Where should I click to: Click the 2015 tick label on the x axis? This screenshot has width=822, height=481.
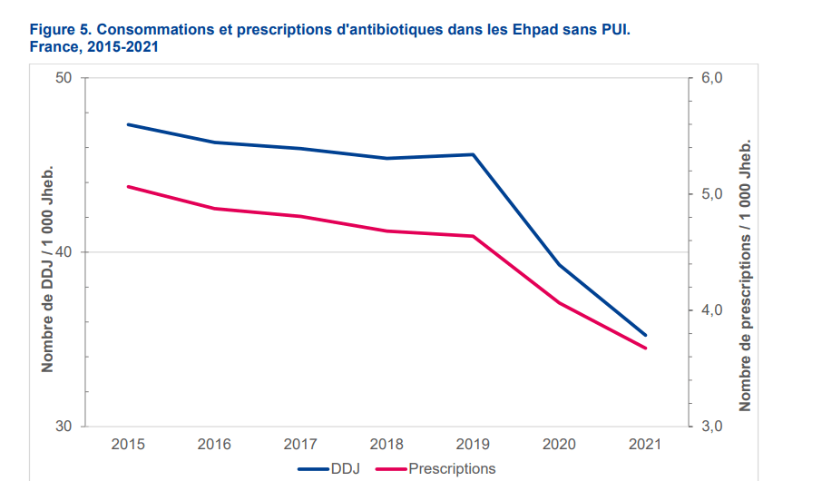(x=128, y=444)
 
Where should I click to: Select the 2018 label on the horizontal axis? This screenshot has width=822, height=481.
(x=387, y=444)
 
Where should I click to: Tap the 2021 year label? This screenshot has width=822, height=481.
(x=645, y=444)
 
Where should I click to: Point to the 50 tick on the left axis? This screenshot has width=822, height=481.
(x=64, y=78)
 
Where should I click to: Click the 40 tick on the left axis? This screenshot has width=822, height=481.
(x=64, y=252)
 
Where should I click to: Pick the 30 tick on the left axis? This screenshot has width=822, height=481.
(x=64, y=427)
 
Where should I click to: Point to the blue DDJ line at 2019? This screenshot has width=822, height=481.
(x=473, y=154)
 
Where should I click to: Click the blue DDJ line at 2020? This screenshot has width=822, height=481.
(x=559, y=265)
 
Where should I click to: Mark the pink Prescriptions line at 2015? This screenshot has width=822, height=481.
(x=128, y=186)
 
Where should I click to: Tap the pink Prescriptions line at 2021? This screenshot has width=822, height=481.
(x=645, y=348)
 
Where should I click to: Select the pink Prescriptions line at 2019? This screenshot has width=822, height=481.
(x=473, y=236)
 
